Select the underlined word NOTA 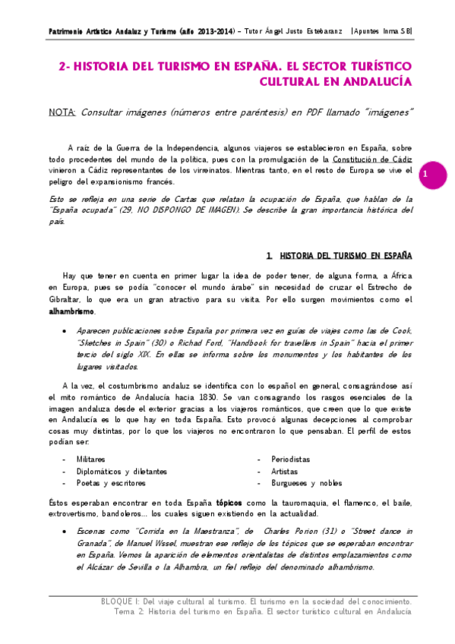[61, 112]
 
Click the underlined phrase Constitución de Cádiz [370, 159]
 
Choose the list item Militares [91, 459]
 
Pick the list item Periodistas [291, 459]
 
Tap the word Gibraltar [65, 300]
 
